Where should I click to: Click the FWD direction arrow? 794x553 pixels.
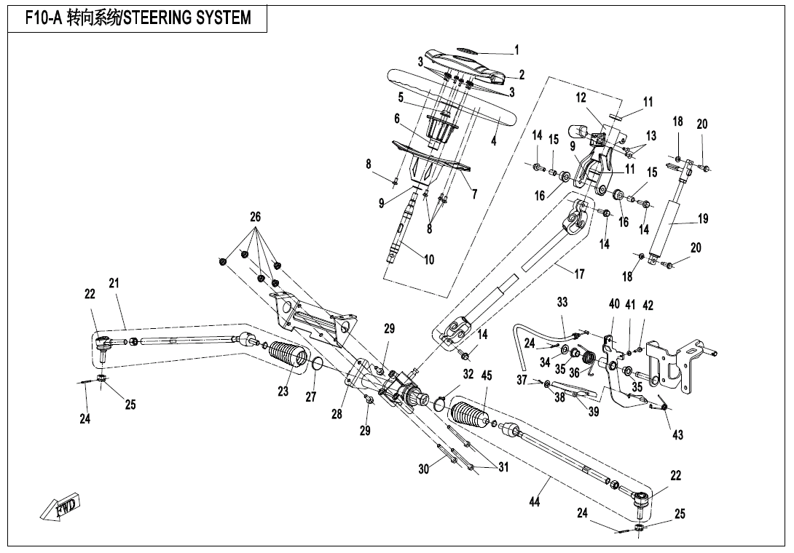[x=61, y=506]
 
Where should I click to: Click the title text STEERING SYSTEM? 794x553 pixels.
[x=187, y=17]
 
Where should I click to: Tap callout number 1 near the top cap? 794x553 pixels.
[x=516, y=50]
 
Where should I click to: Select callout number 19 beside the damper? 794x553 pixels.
[x=702, y=218]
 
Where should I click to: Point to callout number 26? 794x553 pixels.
[x=255, y=217]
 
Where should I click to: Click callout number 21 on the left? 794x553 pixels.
[x=114, y=283]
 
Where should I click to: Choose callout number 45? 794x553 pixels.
[x=486, y=375]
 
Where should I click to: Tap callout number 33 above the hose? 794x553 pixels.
[x=562, y=302]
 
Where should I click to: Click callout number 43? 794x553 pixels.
[x=677, y=435]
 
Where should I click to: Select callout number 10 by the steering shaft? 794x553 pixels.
[x=429, y=260]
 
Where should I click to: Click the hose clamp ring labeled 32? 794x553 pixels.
[x=441, y=402]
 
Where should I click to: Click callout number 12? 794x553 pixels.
[x=581, y=98]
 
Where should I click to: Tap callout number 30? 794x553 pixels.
[x=423, y=469]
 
